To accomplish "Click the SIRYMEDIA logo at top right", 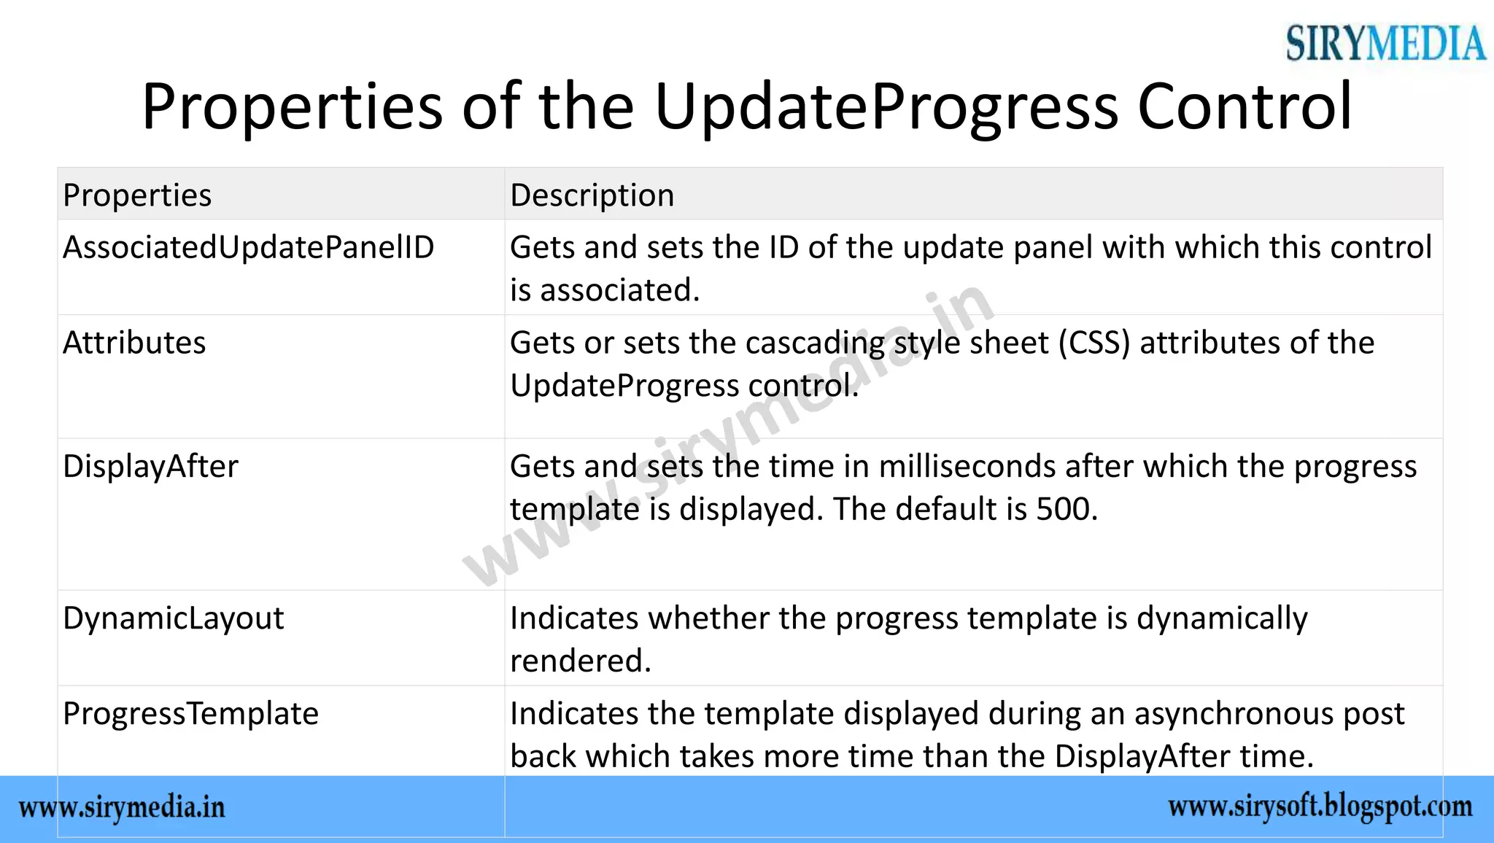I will (1385, 43).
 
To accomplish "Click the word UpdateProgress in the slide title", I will (886, 107).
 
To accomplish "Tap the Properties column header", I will (137, 195).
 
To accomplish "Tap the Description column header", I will (592, 195).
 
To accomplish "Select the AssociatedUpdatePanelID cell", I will (248, 247).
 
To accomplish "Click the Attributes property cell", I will (134, 343).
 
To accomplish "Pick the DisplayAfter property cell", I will (150, 467).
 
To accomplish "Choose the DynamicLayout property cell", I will (173, 618).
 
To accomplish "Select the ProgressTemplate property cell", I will (190, 714).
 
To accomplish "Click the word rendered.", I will (579, 661).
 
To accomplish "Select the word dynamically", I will (1222, 618).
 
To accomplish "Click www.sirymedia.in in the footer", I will (122, 808).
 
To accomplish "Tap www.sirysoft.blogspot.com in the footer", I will (1320, 807).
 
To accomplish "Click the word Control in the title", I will (1245, 107).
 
